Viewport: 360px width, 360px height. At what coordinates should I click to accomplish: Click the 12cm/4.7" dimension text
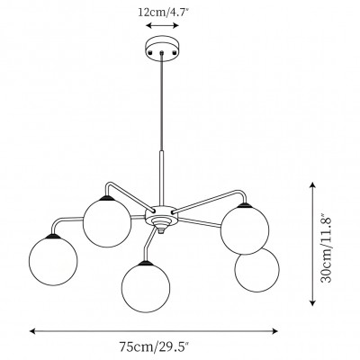[163, 13]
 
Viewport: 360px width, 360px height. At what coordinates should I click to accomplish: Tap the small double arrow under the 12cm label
[163, 28]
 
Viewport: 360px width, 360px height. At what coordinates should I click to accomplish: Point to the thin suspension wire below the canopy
[163, 108]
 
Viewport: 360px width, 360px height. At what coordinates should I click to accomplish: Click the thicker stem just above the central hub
[163, 181]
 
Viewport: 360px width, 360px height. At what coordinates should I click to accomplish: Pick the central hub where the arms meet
[163, 217]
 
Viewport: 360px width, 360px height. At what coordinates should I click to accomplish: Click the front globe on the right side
[247, 229]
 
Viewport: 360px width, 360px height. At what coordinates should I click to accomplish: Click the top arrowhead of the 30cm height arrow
[312, 184]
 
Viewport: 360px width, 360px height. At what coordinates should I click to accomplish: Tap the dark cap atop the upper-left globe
[107, 196]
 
